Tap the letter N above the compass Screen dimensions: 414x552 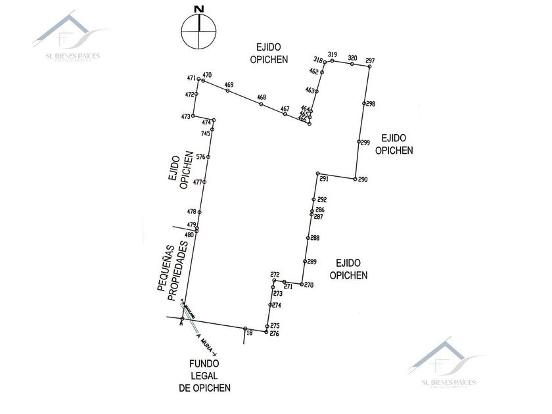click(x=198, y=9)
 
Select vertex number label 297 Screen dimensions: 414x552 click(x=370, y=61)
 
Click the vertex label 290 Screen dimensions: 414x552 click(x=363, y=179)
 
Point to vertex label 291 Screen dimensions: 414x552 click(x=323, y=179)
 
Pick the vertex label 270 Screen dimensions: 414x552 click(x=309, y=285)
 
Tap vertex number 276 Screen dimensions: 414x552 click(x=275, y=334)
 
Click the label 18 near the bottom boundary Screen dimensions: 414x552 click(x=249, y=333)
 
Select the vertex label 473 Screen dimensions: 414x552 click(x=186, y=116)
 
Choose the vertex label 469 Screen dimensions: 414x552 click(x=229, y=85)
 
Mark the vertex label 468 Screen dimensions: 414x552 click(x=262, y=98)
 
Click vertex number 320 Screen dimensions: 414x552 click(x=352, y=58)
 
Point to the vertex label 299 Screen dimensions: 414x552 click(x=365, y=142)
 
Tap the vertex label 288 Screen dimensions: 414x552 click(x=315, y=238)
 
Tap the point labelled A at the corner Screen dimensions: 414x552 click(x=181, y=323)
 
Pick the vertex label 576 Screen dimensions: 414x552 click(x=200, y=157)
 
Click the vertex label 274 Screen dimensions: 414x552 click(x=277, y=306)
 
